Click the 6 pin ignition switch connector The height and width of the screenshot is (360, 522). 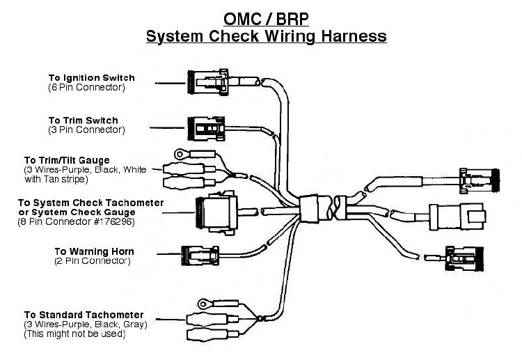pos(208,82)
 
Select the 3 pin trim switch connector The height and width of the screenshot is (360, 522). pos(206,129)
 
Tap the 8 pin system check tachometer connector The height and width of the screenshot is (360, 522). pos(216,212)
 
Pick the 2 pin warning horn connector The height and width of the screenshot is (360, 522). pos(200,256)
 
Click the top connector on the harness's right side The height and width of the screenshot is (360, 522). pos(480,180)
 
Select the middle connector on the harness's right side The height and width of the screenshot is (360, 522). pos(457,217)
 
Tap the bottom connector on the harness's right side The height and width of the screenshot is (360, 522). pos(464,259)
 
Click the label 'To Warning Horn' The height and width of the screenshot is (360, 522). pos(94,251)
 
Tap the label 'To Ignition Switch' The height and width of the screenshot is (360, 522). pos(92,78)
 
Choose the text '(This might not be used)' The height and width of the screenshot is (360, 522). pos(74,334)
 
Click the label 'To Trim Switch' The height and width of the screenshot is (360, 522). pos(84,120)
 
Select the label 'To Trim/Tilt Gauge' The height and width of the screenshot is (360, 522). pos(67,161)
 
